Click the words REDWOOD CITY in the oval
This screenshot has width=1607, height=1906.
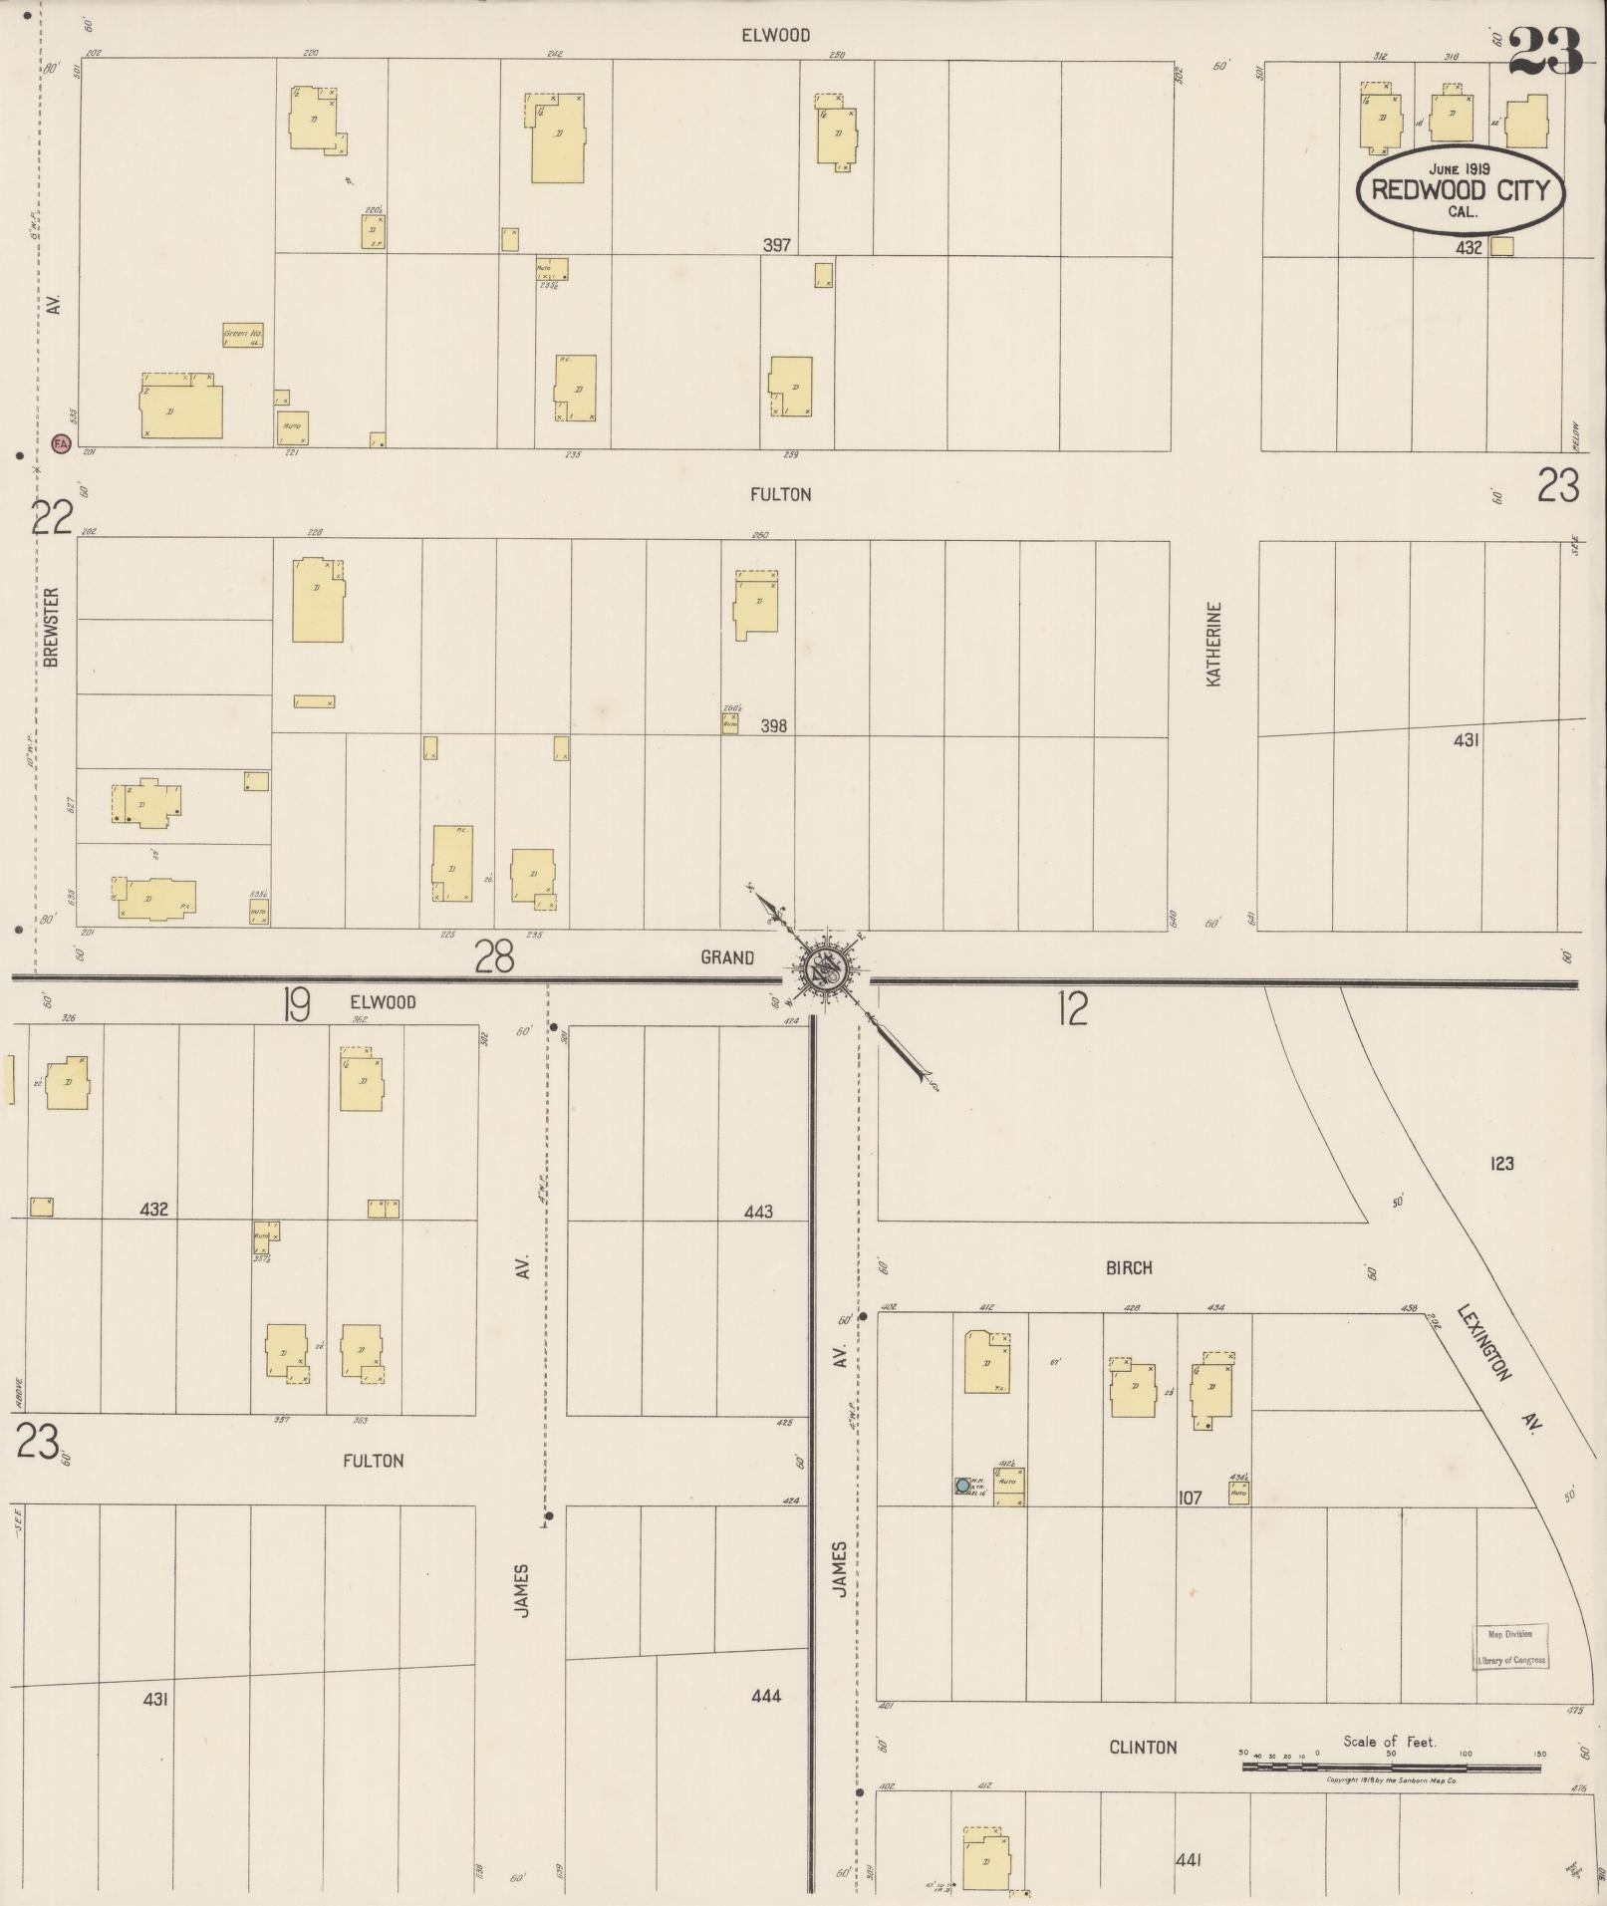point(1460,190)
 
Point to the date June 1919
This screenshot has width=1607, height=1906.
point(1459,168)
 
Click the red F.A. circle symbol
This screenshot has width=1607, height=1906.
point(60,441)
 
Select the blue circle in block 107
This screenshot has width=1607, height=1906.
point(962,1486)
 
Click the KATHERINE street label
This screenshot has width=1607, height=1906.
point(1213,644)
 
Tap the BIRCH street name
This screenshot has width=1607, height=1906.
point(1128,1268)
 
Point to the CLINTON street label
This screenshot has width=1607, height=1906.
point(1143,1747)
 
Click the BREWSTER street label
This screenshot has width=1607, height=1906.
point(53,627)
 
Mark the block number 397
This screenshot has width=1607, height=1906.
point(776,244)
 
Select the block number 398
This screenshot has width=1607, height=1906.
point(773,726)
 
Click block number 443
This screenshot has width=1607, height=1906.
point(758,1212)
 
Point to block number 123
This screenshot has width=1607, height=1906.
point(1501,1163)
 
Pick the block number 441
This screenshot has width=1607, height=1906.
point(1189,1860)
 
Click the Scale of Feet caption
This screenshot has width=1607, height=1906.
point(1389,1742)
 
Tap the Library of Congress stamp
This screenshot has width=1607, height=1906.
point(1510,1648)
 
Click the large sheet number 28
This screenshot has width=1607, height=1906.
point(494,957)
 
